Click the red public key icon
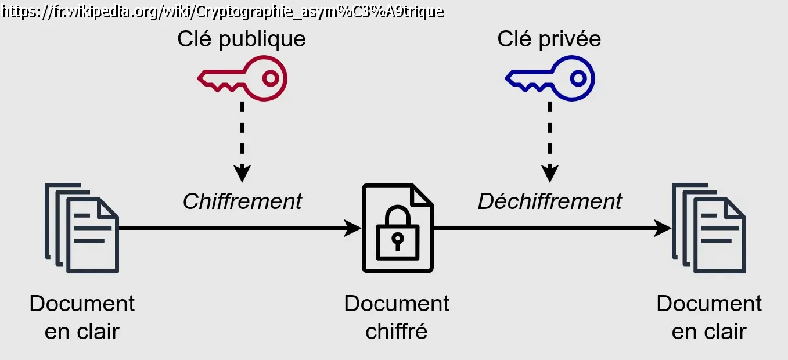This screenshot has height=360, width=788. [243, 78]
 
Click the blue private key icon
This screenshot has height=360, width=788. [550, 78]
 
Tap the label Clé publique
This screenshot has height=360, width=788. [241, 39]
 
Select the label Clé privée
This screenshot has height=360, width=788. [549, 39]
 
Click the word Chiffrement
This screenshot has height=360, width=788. [242, 201]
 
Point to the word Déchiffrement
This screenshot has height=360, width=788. [549, 201]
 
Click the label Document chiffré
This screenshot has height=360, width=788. [397, 317]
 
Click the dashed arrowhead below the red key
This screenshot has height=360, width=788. [242, 172]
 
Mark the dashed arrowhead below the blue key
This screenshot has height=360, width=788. [550, 172]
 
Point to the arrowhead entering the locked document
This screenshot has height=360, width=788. [352, 228]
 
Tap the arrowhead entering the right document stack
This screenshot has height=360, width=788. [662, 228]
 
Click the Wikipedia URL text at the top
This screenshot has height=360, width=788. [222, 11]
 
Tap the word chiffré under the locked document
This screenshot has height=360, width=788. [397, 332]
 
